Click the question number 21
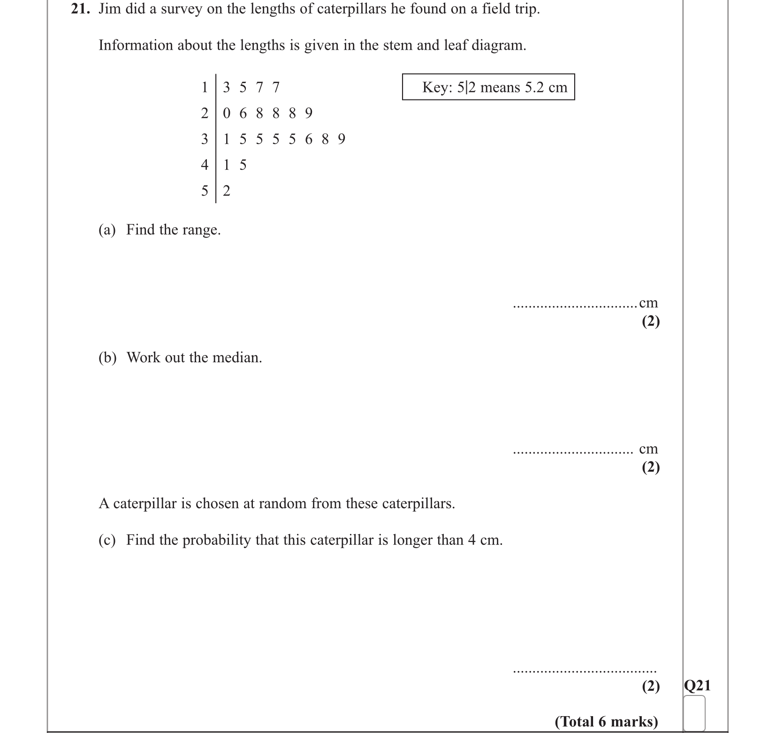click(x=80, y=9)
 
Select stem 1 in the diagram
click(x=205, y=87)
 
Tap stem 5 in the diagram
click(x=205, y=191)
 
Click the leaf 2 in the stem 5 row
click(x=227, y=191)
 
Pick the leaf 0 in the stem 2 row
click(x=227, y=113)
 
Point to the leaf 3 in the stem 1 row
click(x=227, y=87)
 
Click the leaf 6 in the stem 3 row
click(x=308, y=139)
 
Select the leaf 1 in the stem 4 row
click(x=227, y=165)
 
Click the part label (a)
click(x=107, y=230)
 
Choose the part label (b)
click(x=107, y=358)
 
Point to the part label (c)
click(x=107, y=540)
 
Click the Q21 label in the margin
click(x=697, y=686)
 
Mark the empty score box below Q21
click(x=694, y=712)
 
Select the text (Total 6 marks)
click(x=606, y=721)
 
